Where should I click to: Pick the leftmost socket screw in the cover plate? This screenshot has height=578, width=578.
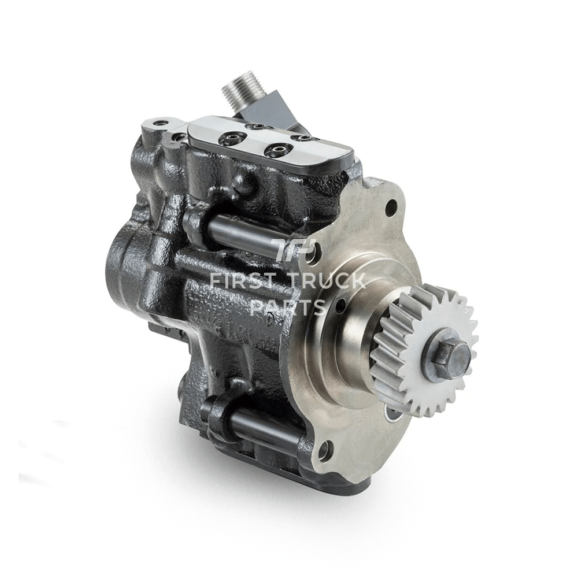point(223,138)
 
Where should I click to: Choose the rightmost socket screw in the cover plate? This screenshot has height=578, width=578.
point(300,138)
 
